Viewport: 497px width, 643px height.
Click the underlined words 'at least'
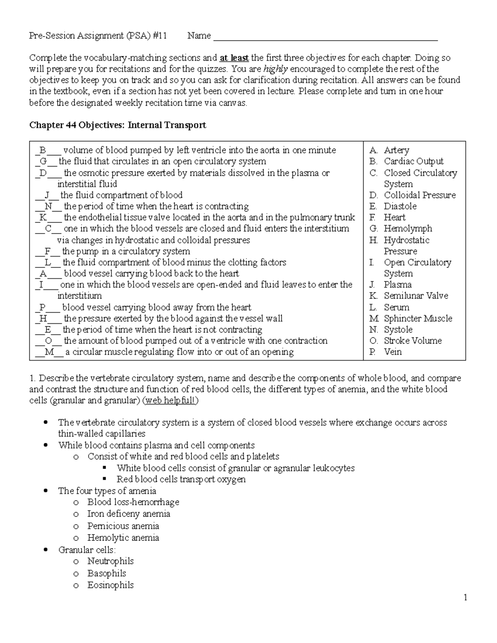click(x=234, y=58)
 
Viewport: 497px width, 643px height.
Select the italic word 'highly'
click(x=275, y=69)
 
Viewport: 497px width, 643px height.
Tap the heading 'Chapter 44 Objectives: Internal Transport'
click(x=117, y=125)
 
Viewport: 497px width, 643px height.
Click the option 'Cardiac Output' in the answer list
click(x=413, y=161)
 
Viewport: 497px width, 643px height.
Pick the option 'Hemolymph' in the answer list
click(x=408, y=229)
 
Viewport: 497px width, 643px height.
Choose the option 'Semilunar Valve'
click(x=416, y=296)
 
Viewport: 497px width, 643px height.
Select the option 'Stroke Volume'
click(x=413, y=341)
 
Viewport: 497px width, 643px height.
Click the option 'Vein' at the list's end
click(x=393, y=352)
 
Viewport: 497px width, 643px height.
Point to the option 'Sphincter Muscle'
click(x=417, y=318)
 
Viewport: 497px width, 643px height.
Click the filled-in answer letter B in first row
click(x=43, y=150)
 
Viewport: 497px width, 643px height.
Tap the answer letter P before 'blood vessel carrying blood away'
click(x=43, y=307)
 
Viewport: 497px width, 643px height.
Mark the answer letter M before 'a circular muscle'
click(x=50, y=352)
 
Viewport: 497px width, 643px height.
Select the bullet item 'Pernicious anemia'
click(x=123, y=526)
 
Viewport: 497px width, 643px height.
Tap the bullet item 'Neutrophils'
click(x=110, y=561)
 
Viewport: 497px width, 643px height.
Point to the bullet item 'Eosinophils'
click(x=110, y=585)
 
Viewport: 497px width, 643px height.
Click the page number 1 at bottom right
click(x=466, y=597)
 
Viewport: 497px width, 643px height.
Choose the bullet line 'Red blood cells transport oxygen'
click(x=181, y=479)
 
